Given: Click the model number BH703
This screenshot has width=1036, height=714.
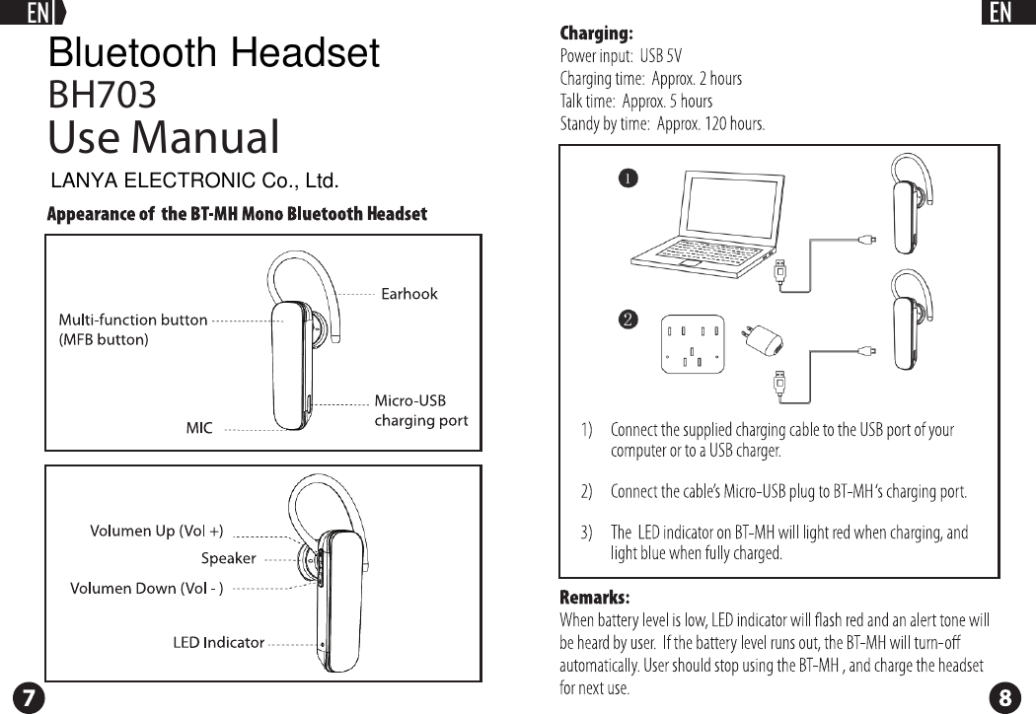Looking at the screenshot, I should coord(103,96).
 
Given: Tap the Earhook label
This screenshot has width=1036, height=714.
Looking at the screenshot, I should coord(408,294).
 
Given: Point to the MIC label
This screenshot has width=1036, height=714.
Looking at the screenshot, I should coord(199,429).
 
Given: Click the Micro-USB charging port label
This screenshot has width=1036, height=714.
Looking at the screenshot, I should coord(420,410).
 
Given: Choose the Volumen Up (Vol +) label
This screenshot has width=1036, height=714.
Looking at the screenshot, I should coord(157,532).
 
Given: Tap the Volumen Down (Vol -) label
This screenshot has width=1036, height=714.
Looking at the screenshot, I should coord(146,589).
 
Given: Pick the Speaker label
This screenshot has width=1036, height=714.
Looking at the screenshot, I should coord(228,559).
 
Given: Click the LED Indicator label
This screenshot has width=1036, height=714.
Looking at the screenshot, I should coord(218,643).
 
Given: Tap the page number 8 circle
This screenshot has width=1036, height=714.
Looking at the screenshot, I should coord(1004,696).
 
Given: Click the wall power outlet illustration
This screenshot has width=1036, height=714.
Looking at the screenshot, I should coord(692,344).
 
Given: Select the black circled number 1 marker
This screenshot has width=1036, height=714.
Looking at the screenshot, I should coord(627,178).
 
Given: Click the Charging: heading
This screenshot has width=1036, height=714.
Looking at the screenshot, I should coord(596,35).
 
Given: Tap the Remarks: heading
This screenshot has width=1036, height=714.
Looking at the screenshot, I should coord(594,598).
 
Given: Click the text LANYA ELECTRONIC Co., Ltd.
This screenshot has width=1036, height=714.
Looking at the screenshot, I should coord(194,181).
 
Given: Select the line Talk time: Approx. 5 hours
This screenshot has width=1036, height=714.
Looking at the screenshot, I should coord(635,102).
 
